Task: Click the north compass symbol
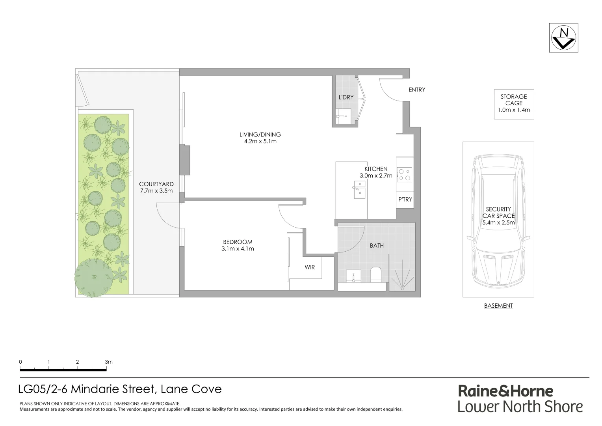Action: [563, 38]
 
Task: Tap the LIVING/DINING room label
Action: [260, 135]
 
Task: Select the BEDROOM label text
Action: [238, 242]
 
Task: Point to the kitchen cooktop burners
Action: [404, 175]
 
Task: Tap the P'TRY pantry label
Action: [405, 200]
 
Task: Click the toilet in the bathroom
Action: [375, 275]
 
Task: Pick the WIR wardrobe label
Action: [310, 267]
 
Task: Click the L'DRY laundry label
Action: [346, 97]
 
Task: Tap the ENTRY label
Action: [417, 90]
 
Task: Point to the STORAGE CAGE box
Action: [514, 103]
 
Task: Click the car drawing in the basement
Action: [499, 221]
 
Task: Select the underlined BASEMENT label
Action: [498, 306]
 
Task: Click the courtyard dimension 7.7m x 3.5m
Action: [156, 191]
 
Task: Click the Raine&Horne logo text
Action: [505, 391]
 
